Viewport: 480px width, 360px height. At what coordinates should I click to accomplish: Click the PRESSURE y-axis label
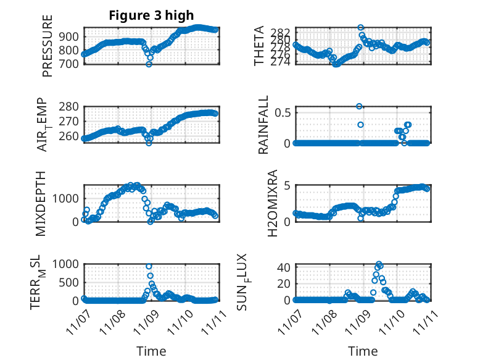pos(48,46)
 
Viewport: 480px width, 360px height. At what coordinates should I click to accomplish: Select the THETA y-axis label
pos(260,46)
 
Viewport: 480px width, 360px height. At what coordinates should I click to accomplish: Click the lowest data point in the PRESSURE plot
pos(149,64)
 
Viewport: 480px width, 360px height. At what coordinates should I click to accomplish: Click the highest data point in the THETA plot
pos(360,27)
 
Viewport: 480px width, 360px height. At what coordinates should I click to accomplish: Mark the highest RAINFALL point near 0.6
pos(359,106)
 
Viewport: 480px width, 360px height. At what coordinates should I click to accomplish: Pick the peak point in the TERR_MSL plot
pos(149,266)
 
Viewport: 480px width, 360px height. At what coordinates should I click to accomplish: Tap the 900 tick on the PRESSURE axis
pos(70,37)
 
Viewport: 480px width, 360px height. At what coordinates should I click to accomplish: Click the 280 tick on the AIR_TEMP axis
pos(70,106)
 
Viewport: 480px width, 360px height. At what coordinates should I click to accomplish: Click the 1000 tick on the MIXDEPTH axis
pos(66,198)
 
